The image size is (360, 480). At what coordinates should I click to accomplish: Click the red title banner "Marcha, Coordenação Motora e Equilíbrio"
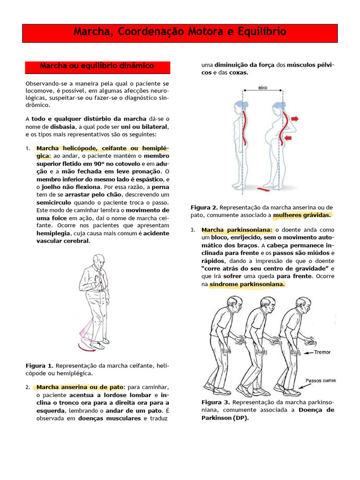click(x=180, y=32)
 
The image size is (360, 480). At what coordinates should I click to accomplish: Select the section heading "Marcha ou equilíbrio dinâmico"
click(x=97, y=66)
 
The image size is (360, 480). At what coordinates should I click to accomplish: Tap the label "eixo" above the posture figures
click(x=263, y=88)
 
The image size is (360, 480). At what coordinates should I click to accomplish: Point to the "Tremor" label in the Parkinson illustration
click(x=322, y=352)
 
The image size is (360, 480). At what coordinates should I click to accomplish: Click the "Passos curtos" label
click(x=321, y=381)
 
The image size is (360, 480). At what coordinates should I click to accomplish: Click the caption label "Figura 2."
click(x=204, y=207)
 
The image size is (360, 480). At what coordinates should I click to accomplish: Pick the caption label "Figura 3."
click(x=216, y=402)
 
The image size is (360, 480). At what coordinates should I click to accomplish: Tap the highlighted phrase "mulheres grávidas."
click(x=302, y=215)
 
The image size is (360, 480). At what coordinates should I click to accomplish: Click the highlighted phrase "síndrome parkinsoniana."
click(x=247, y=284)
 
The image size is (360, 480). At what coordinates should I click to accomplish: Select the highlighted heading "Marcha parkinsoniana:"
click(x=237, y=230)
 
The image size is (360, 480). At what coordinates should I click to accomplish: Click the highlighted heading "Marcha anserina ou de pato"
click(x=80, y=387)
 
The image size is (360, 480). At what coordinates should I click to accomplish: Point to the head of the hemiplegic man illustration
click(x=98, y=261)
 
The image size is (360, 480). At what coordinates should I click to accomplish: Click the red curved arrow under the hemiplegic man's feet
click(x=90, y=347)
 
